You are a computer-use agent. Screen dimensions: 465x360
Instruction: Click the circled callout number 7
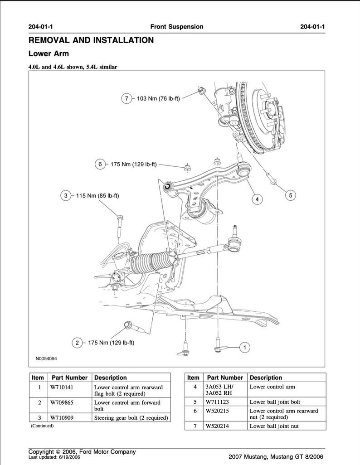coord(127,98)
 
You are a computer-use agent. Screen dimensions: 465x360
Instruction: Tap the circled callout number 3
coord(66,196)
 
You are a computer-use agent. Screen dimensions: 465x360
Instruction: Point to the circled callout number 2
coord(78,343)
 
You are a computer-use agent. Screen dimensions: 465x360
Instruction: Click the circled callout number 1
coord(244,348)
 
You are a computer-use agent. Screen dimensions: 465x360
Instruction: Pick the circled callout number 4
coord(257,199)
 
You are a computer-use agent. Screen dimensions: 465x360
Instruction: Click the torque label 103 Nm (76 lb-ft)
coord(158,98)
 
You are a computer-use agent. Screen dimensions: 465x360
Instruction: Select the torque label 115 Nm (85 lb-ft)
coord(97,196)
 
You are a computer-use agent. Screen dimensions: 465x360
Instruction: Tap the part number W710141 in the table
coord(62,387)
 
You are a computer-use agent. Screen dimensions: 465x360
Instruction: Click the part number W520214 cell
coord(217,426)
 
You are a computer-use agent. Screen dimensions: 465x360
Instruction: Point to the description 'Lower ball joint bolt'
coord(275,402)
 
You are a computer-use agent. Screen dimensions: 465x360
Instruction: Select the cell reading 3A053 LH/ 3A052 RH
coord(220,390)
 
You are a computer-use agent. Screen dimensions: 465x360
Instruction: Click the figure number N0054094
coord(46,358)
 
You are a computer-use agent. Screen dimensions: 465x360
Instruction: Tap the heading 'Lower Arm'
coord(49,54)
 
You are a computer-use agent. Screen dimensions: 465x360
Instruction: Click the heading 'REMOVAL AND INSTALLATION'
coord(91,40)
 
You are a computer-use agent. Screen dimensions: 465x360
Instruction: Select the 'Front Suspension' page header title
coord(176,27)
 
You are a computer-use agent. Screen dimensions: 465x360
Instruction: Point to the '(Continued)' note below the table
coord(42,426)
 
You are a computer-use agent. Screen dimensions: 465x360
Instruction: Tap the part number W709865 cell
coord(62,402)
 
